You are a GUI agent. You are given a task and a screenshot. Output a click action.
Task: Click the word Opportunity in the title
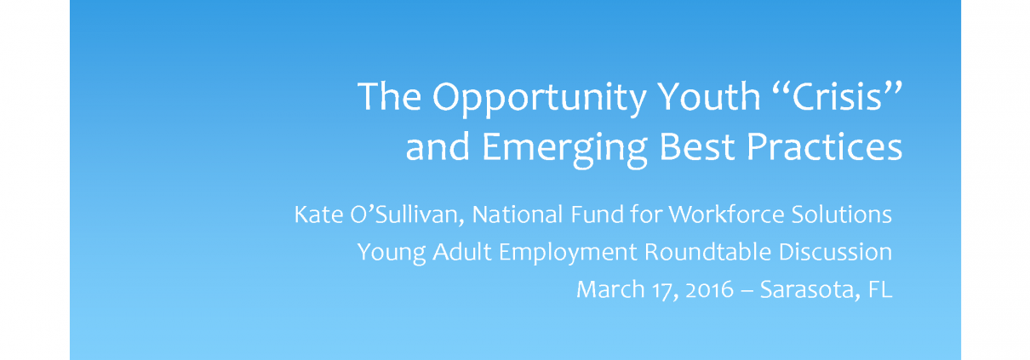(540, 99)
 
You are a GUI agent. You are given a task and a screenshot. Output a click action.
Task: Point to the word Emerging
(565, 149)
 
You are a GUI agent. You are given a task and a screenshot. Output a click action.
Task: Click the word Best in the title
(697, 146)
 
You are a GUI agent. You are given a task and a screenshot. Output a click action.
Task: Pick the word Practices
(824, 146)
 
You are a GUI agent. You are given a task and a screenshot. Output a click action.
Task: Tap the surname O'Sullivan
(407, 215)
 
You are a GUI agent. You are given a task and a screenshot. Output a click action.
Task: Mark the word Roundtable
(707, 252)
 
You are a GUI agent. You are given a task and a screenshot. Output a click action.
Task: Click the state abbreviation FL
(879, 289)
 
